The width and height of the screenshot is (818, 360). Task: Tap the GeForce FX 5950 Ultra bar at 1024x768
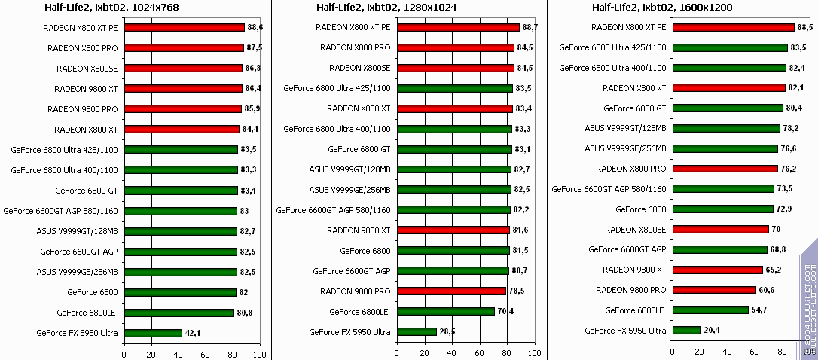pyautogui.click(x=153, y=333)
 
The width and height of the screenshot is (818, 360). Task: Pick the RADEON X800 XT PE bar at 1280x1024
pyautogui.click(x=458, y=27)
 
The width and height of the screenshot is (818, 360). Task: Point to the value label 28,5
pyautogui.click(x=448, y=331)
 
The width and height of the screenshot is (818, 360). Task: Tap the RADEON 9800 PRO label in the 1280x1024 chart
pyautogui.click(x=355, y=291)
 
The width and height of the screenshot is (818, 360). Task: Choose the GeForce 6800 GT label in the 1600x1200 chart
pyautogui.click(x=635, y=108)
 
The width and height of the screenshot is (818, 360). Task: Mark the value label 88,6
pyautogui.click(x=256, y=27)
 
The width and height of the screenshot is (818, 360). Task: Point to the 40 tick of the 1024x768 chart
pyautogui.click(x=179, y=354)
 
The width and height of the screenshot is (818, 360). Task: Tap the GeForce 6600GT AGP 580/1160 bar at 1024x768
pyautogui.click(x=180, y=211)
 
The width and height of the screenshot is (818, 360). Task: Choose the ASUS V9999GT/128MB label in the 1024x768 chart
pyautogui.click(x=81, y=230)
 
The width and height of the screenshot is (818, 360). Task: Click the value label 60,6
pyautogui.click(x=768, y=289)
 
